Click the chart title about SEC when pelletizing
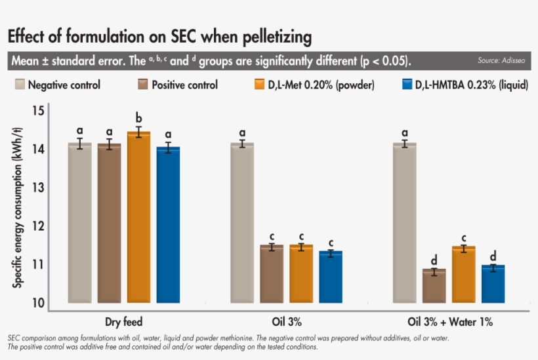click(159, 35)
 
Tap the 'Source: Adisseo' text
click(503, 61)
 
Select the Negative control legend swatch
click(20, 85)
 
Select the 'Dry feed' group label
click(124, 323)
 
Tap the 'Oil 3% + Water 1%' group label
click(449, 323)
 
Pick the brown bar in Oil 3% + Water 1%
click(434, 286)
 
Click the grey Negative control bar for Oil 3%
click(242, 223)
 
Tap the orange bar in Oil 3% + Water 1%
click(464, 275)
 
